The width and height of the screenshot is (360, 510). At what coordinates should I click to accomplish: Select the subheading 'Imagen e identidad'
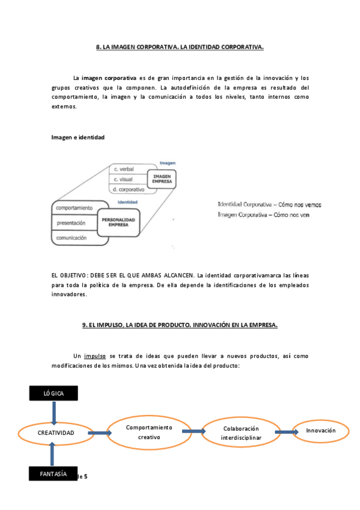78,137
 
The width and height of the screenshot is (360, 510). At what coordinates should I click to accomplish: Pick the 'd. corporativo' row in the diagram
127,189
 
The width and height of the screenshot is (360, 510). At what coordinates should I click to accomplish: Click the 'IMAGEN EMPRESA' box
163,179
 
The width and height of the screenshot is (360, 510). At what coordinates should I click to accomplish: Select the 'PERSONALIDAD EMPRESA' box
118,223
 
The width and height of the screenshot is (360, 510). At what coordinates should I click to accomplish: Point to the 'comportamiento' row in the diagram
75,208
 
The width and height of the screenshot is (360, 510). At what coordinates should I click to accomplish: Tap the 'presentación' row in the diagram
72,223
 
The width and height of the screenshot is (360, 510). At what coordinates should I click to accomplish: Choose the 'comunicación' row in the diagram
74,238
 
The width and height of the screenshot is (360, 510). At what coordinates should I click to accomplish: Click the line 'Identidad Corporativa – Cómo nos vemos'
269,204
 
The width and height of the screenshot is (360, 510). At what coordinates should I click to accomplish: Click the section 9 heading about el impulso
180,325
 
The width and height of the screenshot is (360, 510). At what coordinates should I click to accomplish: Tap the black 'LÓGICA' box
53,393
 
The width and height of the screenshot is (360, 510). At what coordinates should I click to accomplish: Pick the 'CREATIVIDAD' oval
56,433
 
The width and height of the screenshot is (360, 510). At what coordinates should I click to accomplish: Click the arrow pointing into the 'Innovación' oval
284,432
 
